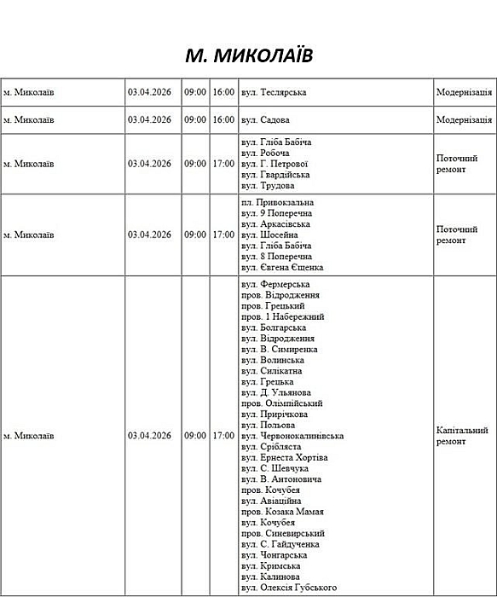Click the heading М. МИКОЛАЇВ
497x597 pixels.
pos(249,56)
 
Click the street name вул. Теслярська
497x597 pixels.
pos(274,92)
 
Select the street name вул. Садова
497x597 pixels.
pos(266,120)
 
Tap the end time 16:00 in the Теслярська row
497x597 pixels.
pos(223,92)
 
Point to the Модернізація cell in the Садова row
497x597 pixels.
pos(464,120)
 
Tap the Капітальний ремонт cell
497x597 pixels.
pos(462,436)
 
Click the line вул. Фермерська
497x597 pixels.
pos(275,284)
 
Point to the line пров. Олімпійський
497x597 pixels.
pos(281,403)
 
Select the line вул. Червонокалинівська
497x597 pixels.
pos(292,436)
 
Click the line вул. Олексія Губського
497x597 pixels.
pos(289,588)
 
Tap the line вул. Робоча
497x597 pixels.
pos(265,153)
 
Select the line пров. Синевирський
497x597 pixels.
pos(282,533)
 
